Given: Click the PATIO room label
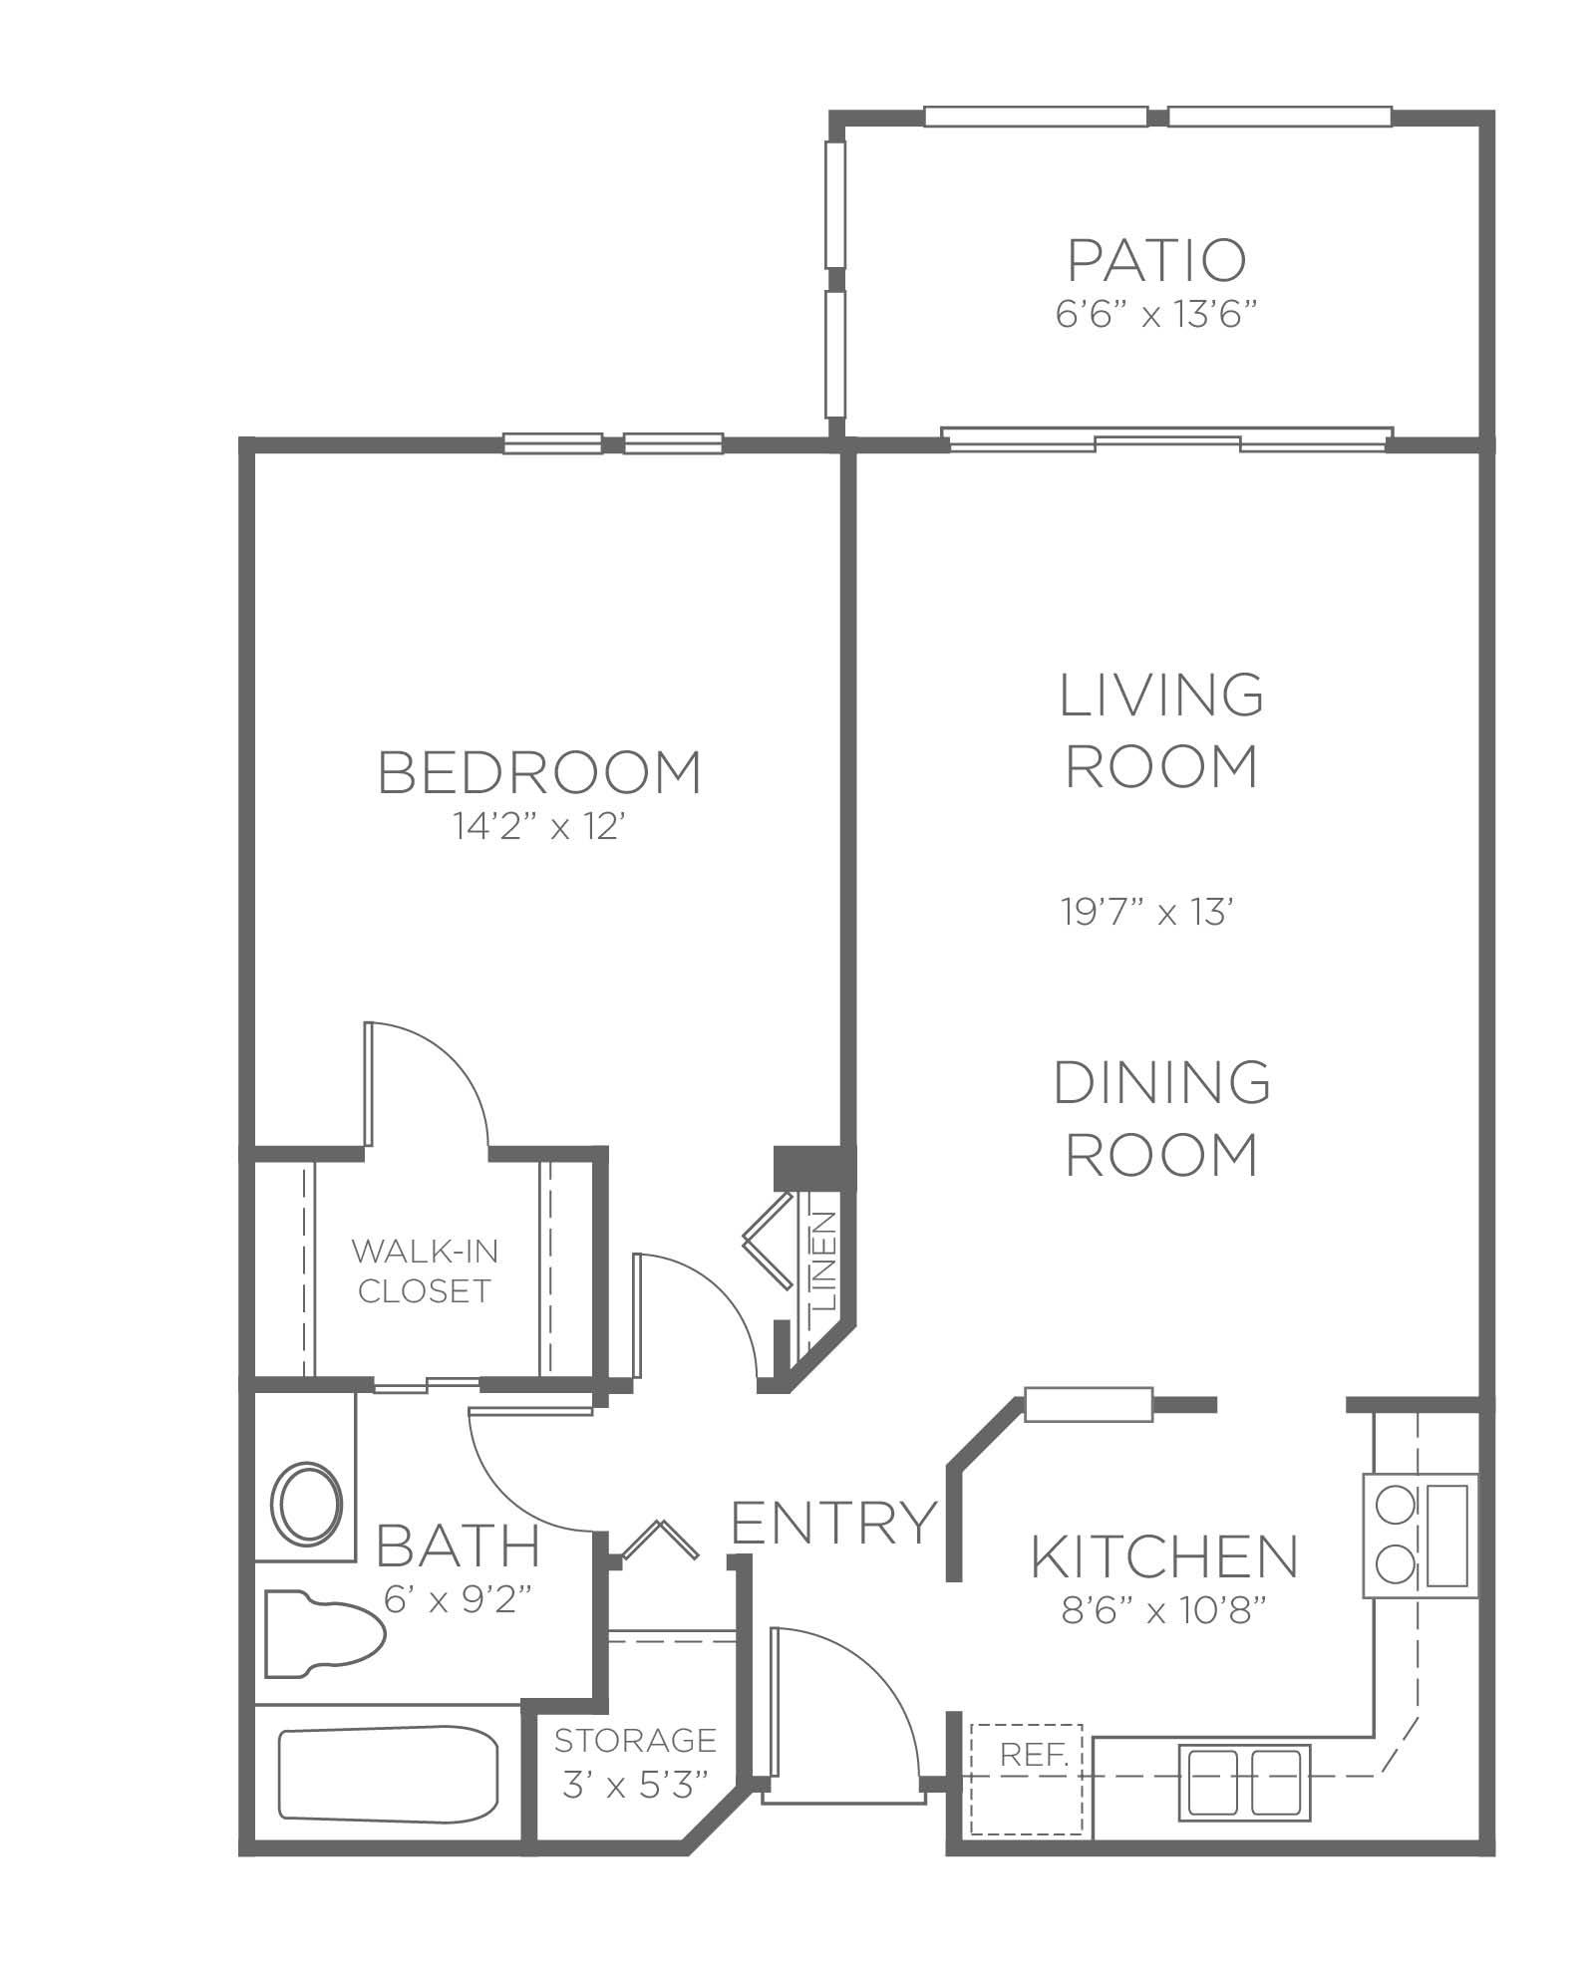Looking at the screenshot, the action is [1156, 261].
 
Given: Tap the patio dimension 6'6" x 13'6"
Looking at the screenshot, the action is [1154, 316].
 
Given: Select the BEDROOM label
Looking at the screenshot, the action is [540, 772].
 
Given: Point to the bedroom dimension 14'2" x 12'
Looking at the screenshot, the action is [539, 826].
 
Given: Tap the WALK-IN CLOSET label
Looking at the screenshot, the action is [425, 1270].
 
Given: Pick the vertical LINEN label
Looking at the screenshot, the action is [824, 1260].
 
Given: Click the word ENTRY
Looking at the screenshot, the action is [835, 1523].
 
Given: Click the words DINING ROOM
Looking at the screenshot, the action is [1162, 1118].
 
